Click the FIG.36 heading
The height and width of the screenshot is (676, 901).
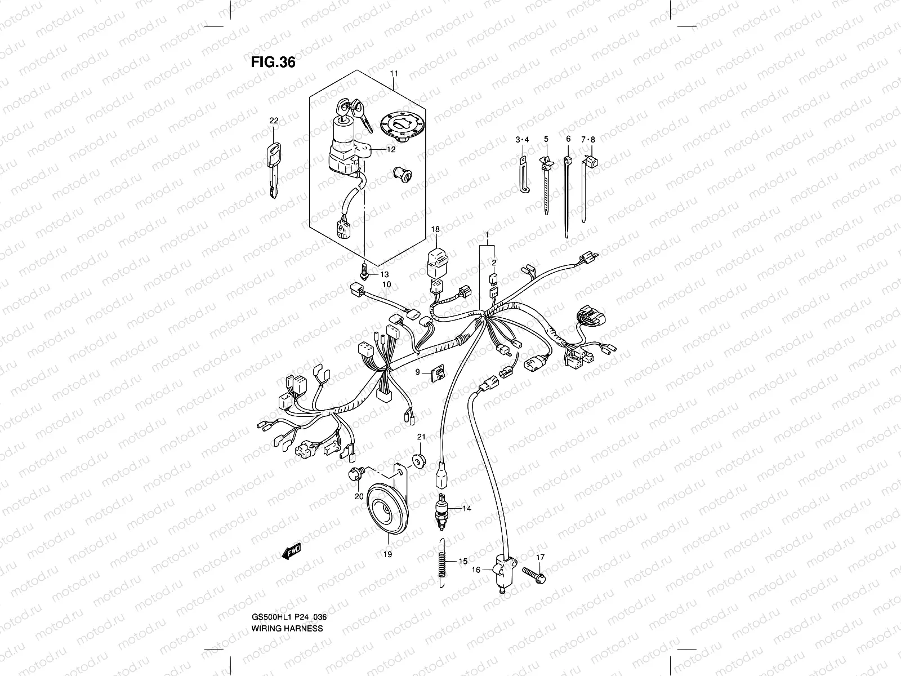[x=273, y=61]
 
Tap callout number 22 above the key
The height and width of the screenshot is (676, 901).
[x=273, y=121]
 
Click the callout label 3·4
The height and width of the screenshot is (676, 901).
[x=522, y=139]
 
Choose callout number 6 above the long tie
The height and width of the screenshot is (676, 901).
[x=568, y=139]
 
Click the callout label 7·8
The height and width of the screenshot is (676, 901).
[x=588, y=139]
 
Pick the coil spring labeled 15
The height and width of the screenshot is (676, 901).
[x=444, y=564]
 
